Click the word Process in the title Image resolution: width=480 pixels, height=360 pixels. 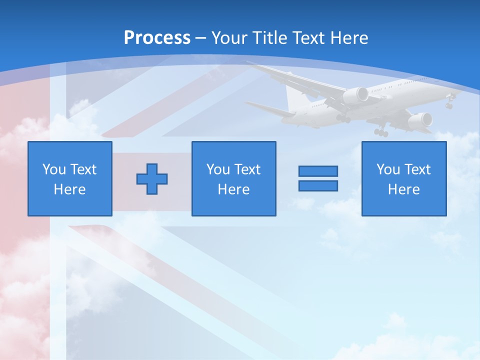[x=157, y=37]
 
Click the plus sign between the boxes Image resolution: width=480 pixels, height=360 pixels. [x=152, y=178]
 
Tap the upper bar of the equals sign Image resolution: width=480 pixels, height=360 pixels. [x=318, y=171]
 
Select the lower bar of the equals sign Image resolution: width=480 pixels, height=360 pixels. [x=318, y=185]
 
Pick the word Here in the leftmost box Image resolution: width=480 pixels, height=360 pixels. [x=69, y=189]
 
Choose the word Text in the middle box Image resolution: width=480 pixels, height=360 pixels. [x=247, y=169]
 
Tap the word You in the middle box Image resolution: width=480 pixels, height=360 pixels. [x=218, y=169]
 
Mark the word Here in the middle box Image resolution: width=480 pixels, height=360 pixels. [x=233, y=189]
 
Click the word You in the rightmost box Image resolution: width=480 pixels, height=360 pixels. [x=388, y=169]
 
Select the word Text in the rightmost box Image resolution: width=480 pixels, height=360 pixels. [x=417, y=169]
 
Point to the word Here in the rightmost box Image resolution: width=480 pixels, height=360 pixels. [x=403, y=189]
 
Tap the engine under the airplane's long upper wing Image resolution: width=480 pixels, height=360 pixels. [x=355, y=95]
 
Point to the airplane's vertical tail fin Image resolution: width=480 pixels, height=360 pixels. [x=294, y=98]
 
